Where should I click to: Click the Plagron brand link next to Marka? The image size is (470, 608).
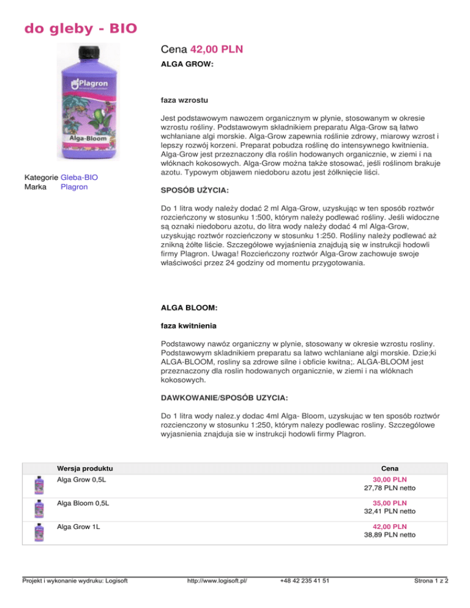click(74, 187)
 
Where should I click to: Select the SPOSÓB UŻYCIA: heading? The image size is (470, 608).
click(195, 191)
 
